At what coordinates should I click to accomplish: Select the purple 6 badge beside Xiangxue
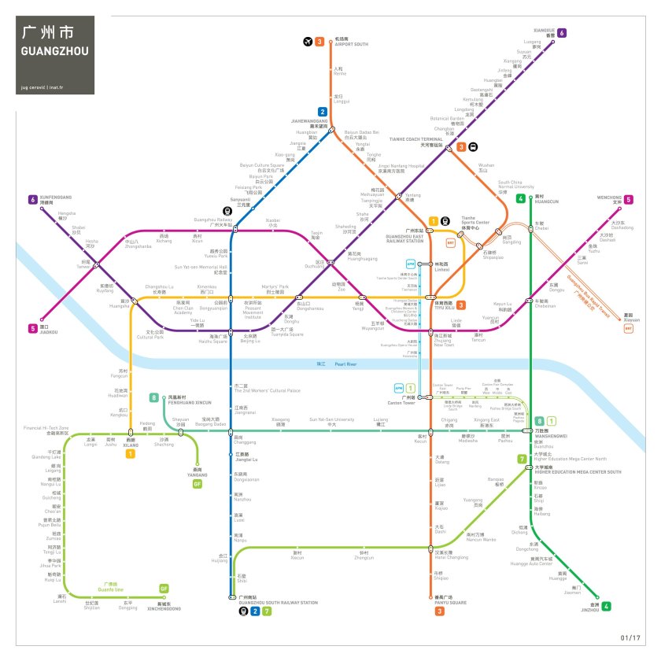pos(562,33)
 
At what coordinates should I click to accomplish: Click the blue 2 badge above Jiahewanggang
pos(322,112)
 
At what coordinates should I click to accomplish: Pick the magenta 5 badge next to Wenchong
pos(629,200)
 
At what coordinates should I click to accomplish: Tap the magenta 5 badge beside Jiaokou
pos(32,328)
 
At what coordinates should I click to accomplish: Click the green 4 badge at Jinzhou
pos(607,606)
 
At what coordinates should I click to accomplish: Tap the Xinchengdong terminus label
pos(164,607)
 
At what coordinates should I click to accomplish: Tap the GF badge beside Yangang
pos(198,484)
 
